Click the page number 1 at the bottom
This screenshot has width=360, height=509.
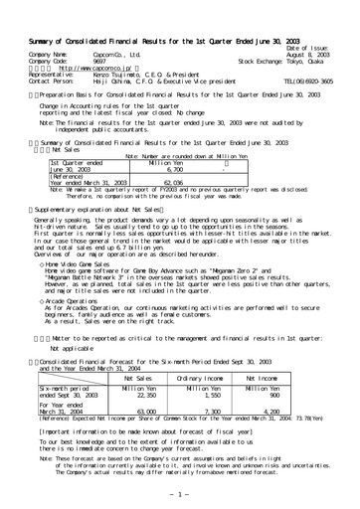coord(180,494)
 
